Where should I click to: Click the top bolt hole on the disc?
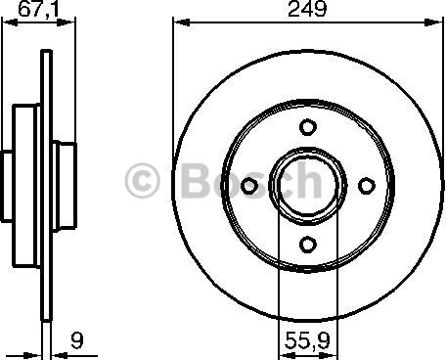[x=308, y=125]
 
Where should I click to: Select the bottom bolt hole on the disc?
[x=308, y=244]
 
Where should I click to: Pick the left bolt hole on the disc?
[x=248, y=184]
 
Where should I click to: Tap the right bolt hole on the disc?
[x=368, y=184]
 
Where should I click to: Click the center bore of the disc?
[x=308, y=184]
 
